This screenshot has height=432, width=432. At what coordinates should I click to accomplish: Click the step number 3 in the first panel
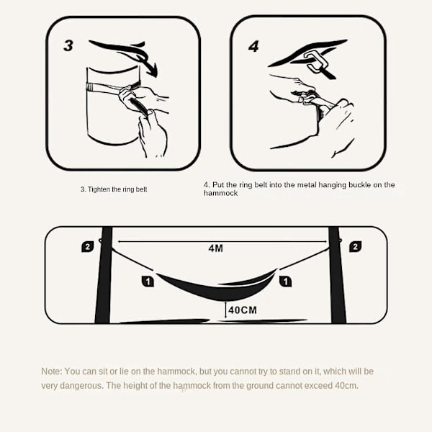tap(68, 45)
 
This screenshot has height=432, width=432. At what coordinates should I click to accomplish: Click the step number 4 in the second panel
tap(253, 46)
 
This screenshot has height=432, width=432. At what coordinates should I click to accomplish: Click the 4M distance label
tap(216, 248)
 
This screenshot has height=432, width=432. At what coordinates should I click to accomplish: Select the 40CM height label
tap(243, 310)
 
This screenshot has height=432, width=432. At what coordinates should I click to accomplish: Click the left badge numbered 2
tap(88, 246)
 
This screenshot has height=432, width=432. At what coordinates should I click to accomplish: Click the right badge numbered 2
tap(355, 246)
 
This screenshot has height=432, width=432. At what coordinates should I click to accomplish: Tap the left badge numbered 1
tap(148, 282)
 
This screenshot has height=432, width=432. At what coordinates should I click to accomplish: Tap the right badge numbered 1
tap(285, 282)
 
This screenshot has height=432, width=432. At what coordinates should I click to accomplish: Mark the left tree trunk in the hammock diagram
tap(104, 275)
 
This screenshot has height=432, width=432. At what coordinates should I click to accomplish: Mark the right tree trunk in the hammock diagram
tap(337, 275)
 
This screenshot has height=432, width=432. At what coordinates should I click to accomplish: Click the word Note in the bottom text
tap(51, 372)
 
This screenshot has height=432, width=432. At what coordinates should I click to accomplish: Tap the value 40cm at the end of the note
tap(346, 385)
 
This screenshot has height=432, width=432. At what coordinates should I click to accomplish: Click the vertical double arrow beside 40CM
tap(225, 310)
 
